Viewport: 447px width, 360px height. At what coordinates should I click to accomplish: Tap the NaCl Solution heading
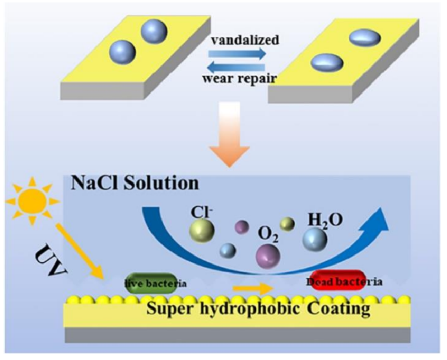134,184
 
